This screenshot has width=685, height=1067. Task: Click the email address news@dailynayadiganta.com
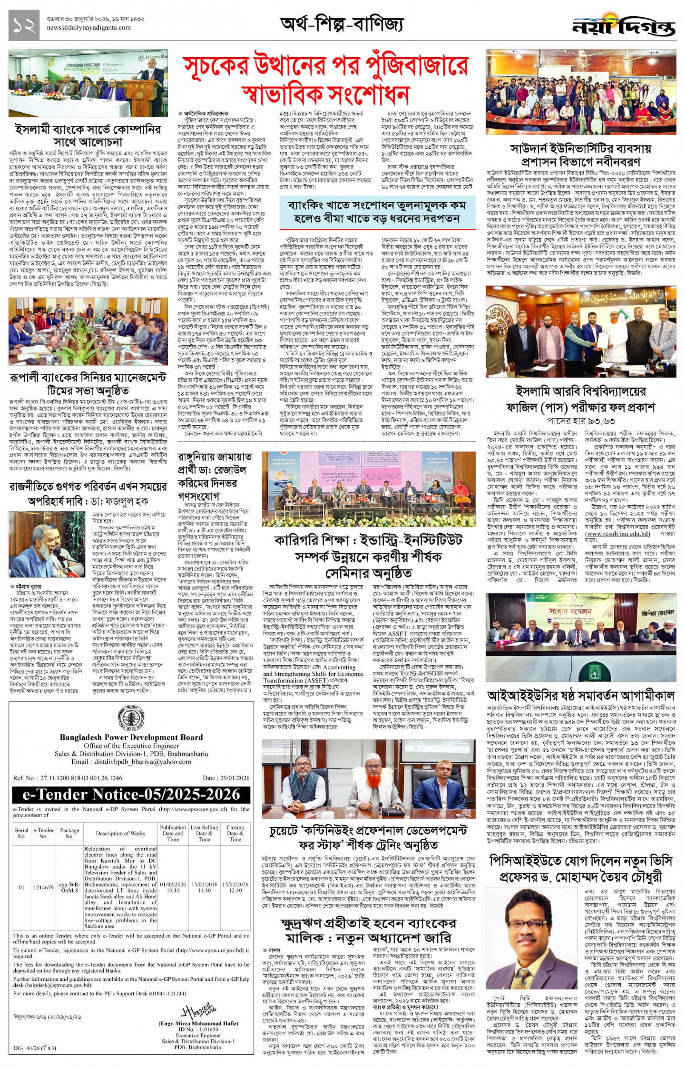(89, 28)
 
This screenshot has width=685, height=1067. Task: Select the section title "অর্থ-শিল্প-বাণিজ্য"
(342, 23)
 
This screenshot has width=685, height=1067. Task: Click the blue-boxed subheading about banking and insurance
(373, 212)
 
